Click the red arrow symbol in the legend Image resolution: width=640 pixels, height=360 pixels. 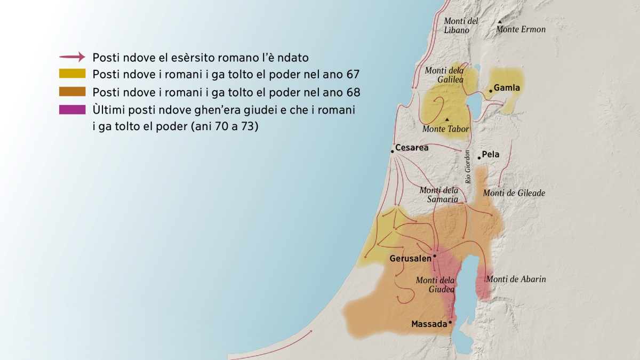(72, 57)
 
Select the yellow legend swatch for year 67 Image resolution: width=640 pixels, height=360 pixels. (72, 74)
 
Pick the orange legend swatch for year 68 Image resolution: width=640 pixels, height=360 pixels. (72, 92)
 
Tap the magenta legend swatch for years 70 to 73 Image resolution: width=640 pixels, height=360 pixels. (72, 110)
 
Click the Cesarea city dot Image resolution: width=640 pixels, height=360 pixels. (392, 151)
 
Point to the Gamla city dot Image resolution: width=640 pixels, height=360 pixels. (490, 91)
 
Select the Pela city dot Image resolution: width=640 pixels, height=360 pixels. (479, 158)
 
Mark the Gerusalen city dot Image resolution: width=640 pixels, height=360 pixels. (435, 256)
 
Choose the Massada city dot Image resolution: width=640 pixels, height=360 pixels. (450, 322)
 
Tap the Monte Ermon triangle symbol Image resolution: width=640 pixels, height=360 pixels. (500, 22)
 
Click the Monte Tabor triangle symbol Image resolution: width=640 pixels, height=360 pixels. (447, 119)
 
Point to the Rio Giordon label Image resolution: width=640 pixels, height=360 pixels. (468, 167)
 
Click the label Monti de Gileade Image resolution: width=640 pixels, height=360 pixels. (514, 193)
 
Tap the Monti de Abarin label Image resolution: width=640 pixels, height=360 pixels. (516, 279)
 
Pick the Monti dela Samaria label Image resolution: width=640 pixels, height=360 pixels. (438, 195)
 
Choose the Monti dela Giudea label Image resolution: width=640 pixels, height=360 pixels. (435, 284)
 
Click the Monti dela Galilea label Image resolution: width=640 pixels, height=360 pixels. (444, 75)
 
